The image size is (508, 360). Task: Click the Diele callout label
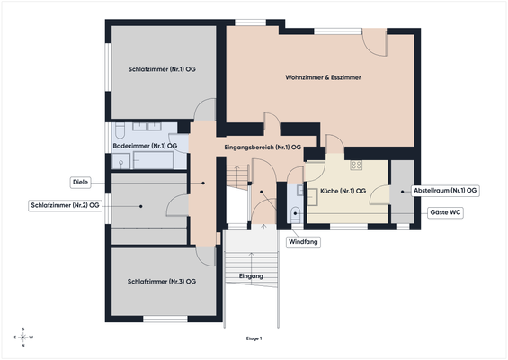point(80,183)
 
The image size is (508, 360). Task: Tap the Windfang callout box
point(303,242)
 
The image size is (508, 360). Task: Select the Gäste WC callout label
point(445,212)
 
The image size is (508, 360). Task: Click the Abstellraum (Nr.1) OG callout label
point(445,191)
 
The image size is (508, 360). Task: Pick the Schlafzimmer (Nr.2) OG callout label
point(65,205)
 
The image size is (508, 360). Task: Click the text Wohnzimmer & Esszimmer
point(323,77)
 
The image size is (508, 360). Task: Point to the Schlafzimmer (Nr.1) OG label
point(162,69)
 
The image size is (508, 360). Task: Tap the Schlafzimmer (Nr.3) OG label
point(162,282)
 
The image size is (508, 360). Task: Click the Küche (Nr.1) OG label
point(343,192)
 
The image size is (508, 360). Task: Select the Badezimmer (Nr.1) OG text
point(145,147)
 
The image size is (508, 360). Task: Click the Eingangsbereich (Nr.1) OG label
point(263,148)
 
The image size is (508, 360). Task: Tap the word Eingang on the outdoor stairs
point(251,276)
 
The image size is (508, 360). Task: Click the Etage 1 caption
point(254,338)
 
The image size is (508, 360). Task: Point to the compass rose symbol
point(23,337)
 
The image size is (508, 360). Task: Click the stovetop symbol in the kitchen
point(356,166)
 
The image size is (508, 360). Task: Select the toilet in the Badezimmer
point(120,130)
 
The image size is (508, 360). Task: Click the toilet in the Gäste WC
point(296,214)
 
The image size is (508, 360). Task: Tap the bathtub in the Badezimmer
point(154,160)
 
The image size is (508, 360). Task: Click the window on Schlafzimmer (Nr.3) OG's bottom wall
point(165,319)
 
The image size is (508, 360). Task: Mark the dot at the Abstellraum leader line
point(403,192)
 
